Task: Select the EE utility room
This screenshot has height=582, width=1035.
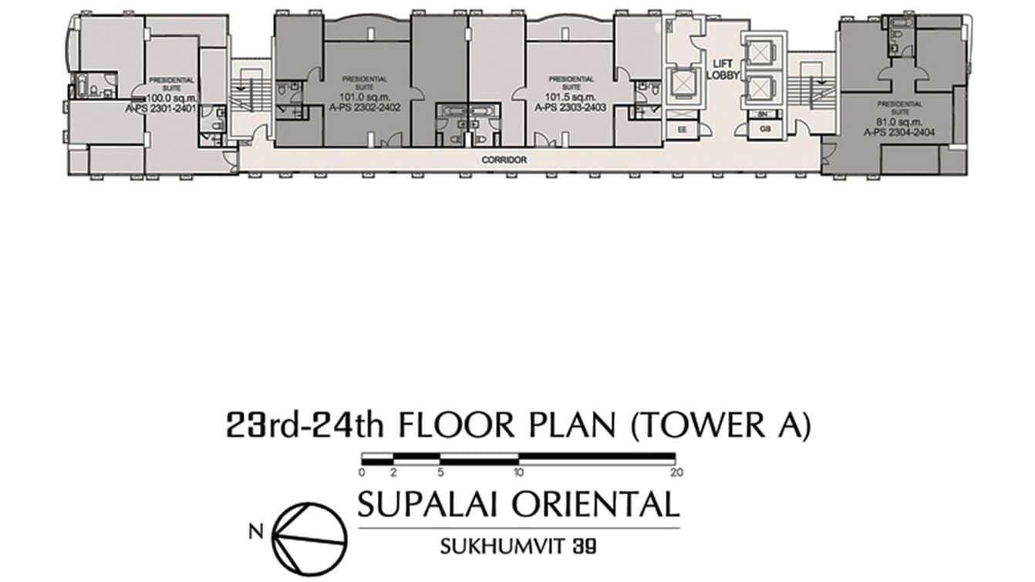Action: [682, 130]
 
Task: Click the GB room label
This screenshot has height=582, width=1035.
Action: [764, 129]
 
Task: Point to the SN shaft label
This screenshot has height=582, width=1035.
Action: [764, 114]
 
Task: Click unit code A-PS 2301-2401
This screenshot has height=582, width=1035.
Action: [171, 110]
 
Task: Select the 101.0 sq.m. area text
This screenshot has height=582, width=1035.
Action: [365, 97]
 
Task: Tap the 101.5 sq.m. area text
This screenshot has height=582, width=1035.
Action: [571, 97]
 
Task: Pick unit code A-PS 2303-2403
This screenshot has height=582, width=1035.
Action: [571, 108]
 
